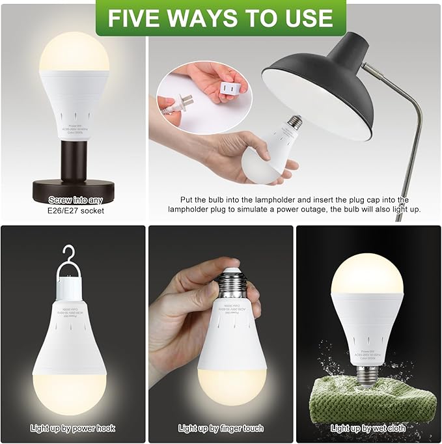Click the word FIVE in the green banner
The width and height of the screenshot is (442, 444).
click(133, 18)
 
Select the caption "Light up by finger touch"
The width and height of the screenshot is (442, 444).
click(221, 428)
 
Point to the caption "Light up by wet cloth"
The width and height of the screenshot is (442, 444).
click(368, 428)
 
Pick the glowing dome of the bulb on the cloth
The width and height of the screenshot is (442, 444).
click(368, 273)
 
